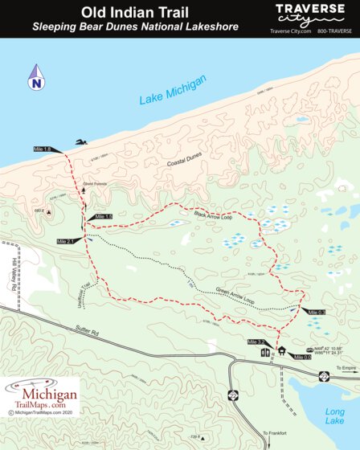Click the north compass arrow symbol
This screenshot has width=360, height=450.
click(x=36, y=80)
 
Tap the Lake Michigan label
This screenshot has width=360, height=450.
click(x=173, y=89)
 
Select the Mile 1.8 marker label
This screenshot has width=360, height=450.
click(x=43, y=149)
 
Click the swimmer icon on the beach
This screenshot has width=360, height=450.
click(x=81, y=143)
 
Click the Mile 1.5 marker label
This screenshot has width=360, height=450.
click(x=104, y=217)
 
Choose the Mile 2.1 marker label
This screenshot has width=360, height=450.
click(x=66, y=241)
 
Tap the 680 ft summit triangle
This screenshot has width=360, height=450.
click(x=49, y=213)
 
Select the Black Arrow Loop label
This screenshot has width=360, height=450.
click(x=213, y=215)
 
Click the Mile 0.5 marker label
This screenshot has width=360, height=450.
click(x=315, y=312)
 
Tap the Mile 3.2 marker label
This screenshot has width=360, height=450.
click(x=257, y=342)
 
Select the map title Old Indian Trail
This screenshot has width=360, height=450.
click(x=124, y=13)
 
